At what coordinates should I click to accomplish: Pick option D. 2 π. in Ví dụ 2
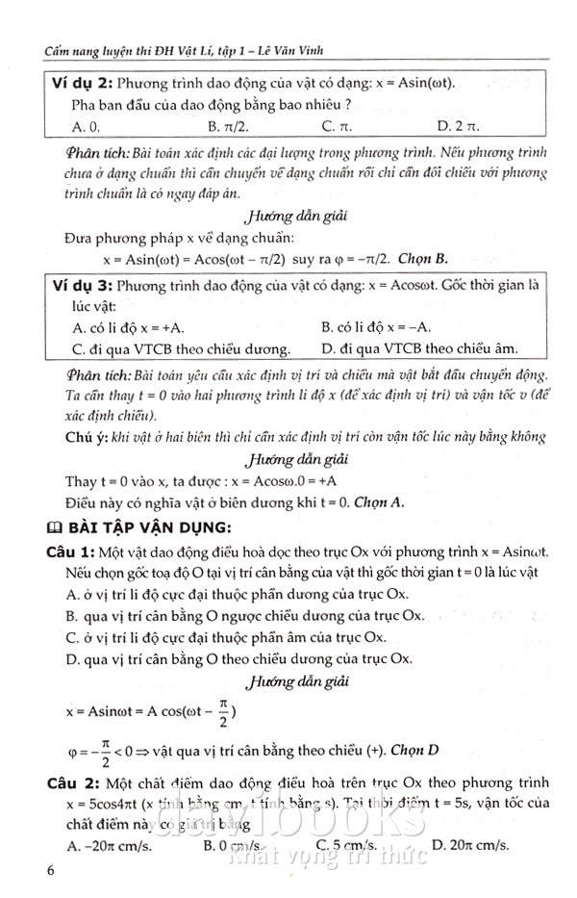pyautogui.click(x=457, y=125)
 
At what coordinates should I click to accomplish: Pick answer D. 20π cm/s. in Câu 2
pyautogui.click(x=470, y=845)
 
